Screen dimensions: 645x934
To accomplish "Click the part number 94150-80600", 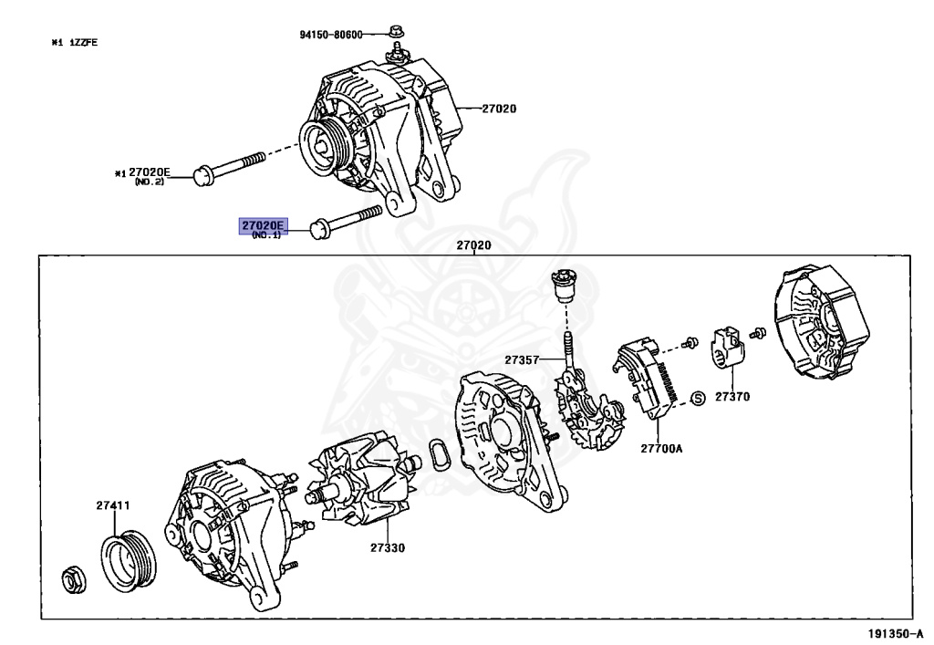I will coord(330,35).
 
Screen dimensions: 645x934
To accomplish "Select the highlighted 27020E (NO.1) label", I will coord(263,224).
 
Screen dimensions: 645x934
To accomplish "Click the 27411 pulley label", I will coord(115,505).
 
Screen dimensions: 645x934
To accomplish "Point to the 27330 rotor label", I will coord(388,548).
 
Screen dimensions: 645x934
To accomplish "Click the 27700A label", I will coord(660,449).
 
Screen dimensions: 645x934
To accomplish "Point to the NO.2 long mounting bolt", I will coord(228,166).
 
